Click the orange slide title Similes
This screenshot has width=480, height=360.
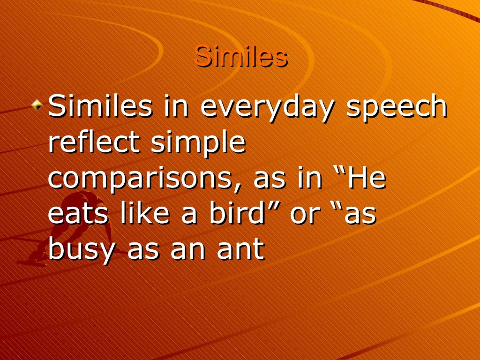click(240, 57)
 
